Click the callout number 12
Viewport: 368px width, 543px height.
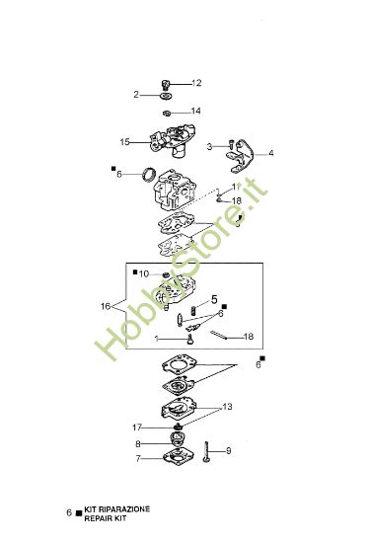point(195,82)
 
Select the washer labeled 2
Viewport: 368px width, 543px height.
point(163,96)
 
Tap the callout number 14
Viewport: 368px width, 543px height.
point(195,111)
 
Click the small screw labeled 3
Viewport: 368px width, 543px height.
point(229,147)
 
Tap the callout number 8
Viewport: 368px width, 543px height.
point(138,444)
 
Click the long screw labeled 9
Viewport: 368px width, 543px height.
point(209,454)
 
